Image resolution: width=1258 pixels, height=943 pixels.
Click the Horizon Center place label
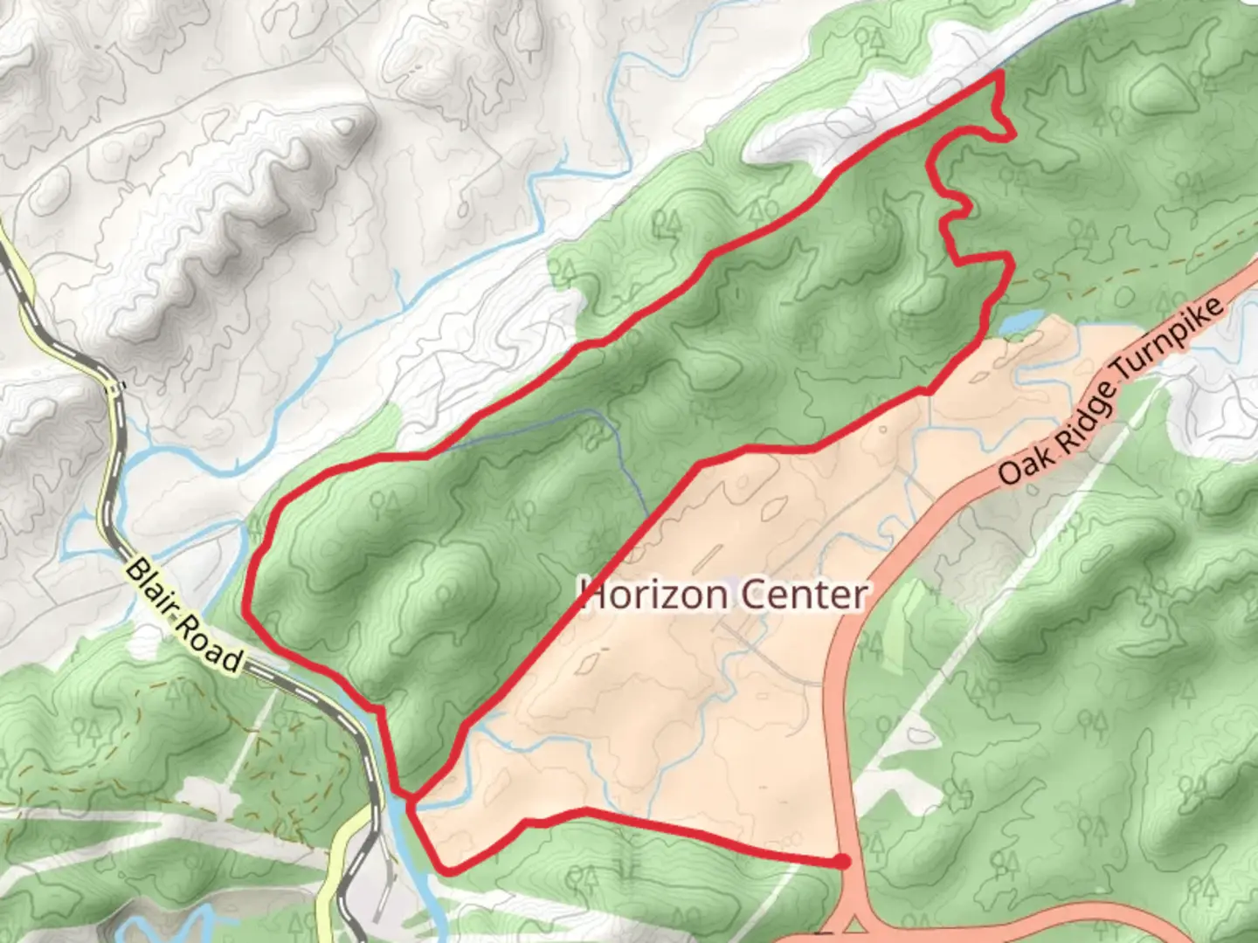click(723, 595)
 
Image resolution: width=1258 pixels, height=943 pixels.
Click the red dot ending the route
click(841, 862)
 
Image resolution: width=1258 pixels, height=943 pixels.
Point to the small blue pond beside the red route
click(1019, 322)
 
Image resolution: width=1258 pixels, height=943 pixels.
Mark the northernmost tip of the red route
click(999, 75)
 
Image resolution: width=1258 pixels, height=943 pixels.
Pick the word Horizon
click(653, 595)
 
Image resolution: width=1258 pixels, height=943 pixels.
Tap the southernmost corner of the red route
click(448, 871)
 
